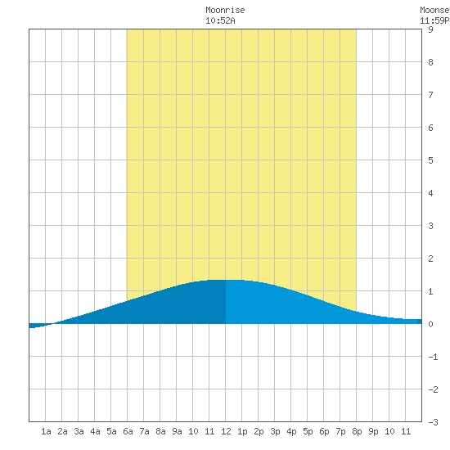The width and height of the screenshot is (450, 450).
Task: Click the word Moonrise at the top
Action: coord(225,10)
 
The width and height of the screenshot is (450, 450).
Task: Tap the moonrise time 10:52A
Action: coord(220,20)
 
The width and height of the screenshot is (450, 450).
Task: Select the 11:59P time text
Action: coord(434,20)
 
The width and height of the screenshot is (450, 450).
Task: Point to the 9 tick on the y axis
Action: coord(430,29)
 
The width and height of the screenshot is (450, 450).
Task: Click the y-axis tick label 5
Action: coord(430,160)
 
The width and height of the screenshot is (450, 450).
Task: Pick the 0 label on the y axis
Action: coord(430,324)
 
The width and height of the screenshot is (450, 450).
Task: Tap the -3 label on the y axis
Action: coord(433,422)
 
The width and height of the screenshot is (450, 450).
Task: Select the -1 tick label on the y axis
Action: coord(433,357)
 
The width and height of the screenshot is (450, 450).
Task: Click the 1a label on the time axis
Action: coord(46,431)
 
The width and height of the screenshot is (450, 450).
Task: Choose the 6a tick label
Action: coord(128,431)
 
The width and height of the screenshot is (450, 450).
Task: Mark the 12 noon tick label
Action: coord(226,431)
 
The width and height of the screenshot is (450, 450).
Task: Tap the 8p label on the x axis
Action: coord(357,431)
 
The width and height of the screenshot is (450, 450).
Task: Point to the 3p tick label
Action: coord(275,431)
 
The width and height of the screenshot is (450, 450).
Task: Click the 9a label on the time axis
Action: coord(177,431)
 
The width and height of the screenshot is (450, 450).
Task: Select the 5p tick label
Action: coord(308,431)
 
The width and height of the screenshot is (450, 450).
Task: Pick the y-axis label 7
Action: coord(430,95)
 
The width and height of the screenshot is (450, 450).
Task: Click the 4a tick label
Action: coord(95,431)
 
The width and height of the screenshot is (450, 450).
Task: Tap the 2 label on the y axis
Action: coord(430,259)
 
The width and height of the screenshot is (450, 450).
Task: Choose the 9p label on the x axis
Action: coord(373,431)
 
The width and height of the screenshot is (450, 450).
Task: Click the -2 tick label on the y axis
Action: coord(433,389)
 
